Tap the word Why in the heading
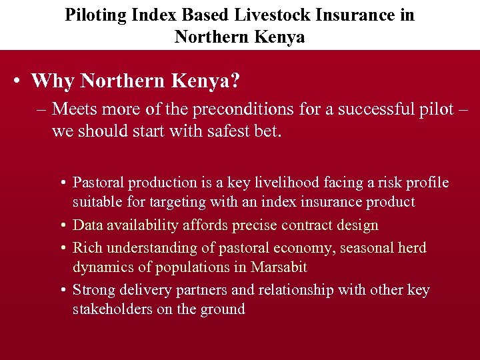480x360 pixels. coord(53,81)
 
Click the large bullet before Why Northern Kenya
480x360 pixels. coord(16,82)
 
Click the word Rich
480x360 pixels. coord(86,248)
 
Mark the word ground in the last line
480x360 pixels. coord(223,310)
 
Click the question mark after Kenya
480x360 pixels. coord(234,81)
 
